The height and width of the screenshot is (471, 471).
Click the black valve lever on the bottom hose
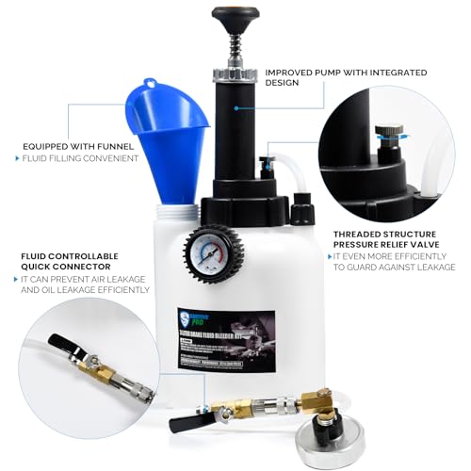186,422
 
